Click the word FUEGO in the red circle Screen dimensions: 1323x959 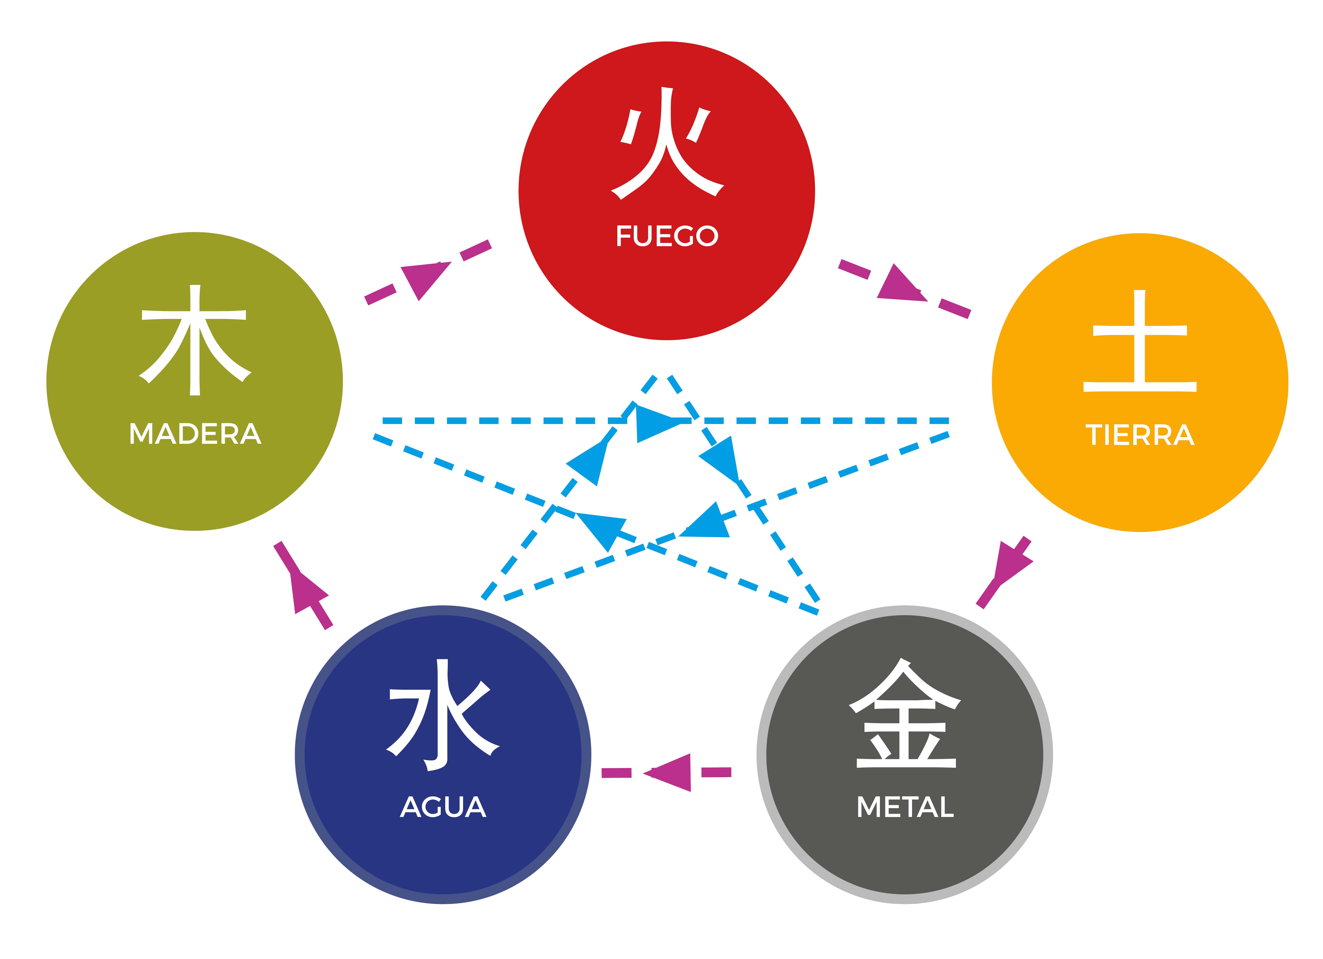[x=667, y=236]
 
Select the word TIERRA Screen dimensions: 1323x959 [x=1140, y=435]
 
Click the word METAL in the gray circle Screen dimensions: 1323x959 [x=905, y=807]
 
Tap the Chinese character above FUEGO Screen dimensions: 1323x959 [x=667, y=143]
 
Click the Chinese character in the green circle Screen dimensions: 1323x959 [x=195, y=340]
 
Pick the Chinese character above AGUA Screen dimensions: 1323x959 [x=443, y=715]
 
